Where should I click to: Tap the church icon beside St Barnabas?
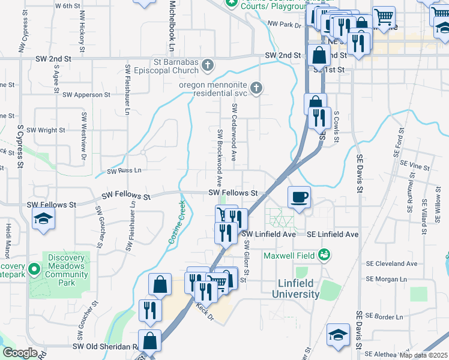207,65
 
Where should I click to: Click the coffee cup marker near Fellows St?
299,197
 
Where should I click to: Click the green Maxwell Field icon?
325,255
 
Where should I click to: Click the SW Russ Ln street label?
124,171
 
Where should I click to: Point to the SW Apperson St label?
86,95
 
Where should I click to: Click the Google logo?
20,353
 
